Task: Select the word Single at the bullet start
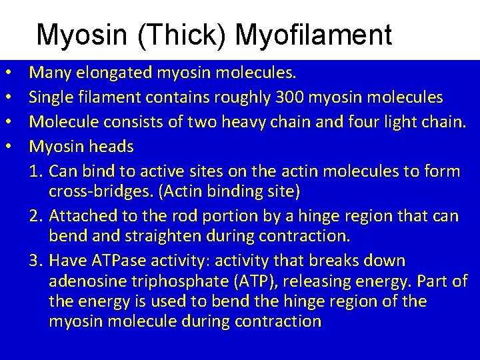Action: [53, 97]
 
